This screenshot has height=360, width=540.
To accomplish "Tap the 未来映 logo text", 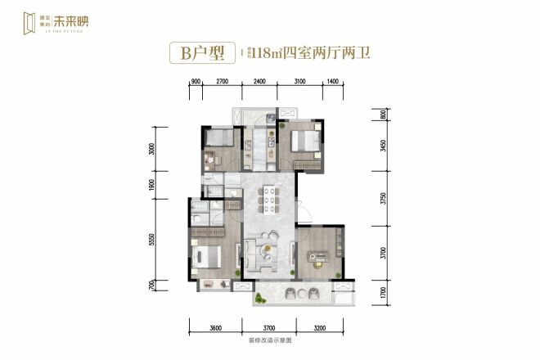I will pyautogui.click(x=82, y=22).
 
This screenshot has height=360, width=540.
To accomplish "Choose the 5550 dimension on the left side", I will pyautogui.click(x=152, y=241).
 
